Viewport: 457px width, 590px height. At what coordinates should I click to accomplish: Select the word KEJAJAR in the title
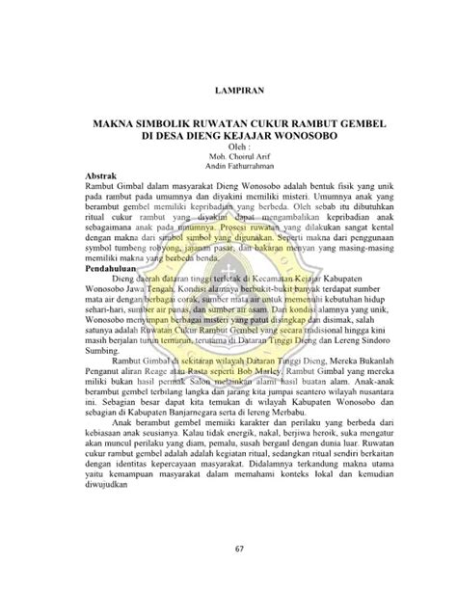click(x=262, y=137)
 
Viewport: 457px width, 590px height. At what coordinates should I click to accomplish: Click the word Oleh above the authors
click(x=225, y=147)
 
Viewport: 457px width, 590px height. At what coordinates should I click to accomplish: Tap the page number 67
click(x=228, y=550)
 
